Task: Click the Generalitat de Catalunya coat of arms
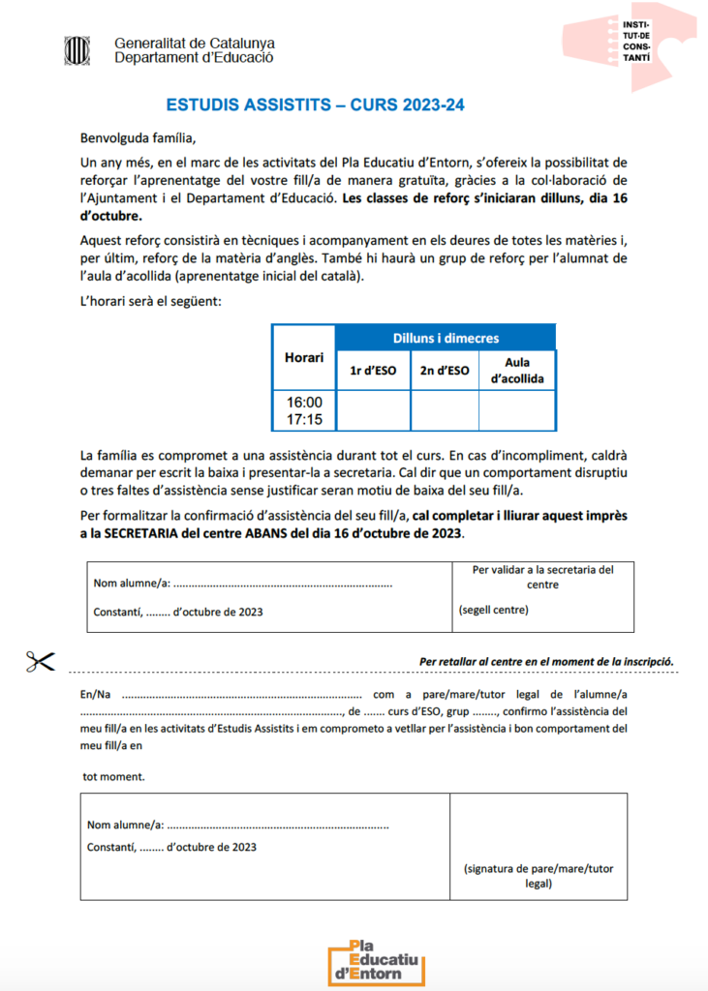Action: click(x=74, y=49)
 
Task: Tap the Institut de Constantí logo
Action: click(x=630, y=43)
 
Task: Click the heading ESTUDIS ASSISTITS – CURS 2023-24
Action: click(x=316, y=104)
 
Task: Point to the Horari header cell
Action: click(x=303, y=358)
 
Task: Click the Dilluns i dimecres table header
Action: click(x=446, y=338)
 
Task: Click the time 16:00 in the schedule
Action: click(x=304, y=402)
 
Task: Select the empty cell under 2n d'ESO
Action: click(x=445, y=410)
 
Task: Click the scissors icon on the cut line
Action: click(x=40, y=662)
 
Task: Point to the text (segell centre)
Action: click(x=493, y=611)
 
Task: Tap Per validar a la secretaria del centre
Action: click(x=542, y=577)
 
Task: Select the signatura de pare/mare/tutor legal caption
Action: click(x=539, y=876)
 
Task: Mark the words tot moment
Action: click(x=113, y=776)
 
